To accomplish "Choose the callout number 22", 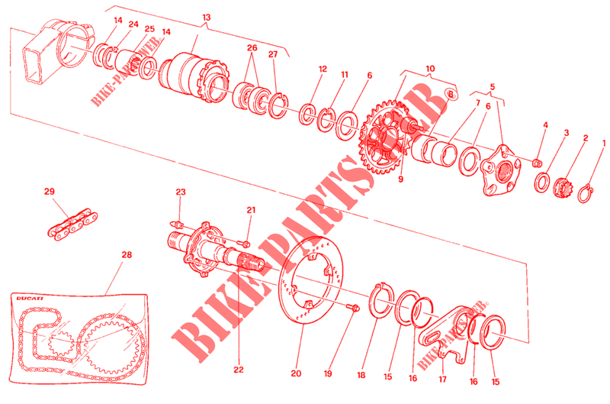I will [238, 370].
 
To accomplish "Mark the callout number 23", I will [181, 192].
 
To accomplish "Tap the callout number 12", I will [323, 68].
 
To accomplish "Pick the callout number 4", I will [545, 124].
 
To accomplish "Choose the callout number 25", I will [149, 30].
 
